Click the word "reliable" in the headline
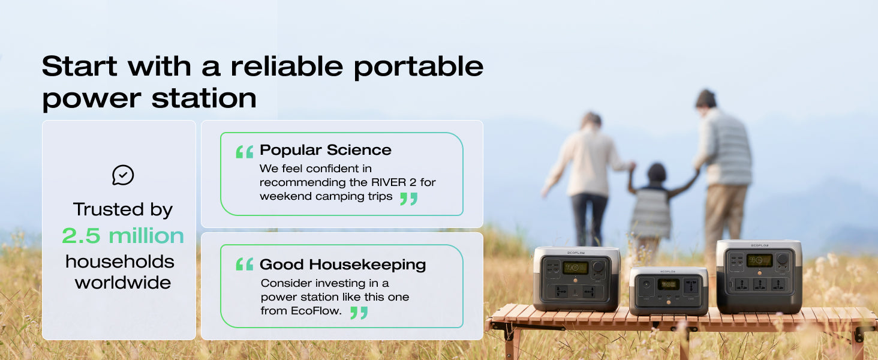(x=287, y=65)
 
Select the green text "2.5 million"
(x=123, y=235)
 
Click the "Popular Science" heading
(x=325, y=150)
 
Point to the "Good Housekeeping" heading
(x=342, y=265)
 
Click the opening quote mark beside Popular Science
(x=245, y=152)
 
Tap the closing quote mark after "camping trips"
(x=409, y=199)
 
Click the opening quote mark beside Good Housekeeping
(x=245, y=265)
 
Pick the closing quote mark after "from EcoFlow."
(x=359, y=313)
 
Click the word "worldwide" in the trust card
(x=123, y=283)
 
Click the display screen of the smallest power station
(x=668, y=284)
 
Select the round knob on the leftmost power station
(x=598, y=266)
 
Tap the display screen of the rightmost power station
(x=759, y=260)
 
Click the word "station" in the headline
(x=204, y=98)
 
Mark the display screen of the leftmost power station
(x=575, y=268)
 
